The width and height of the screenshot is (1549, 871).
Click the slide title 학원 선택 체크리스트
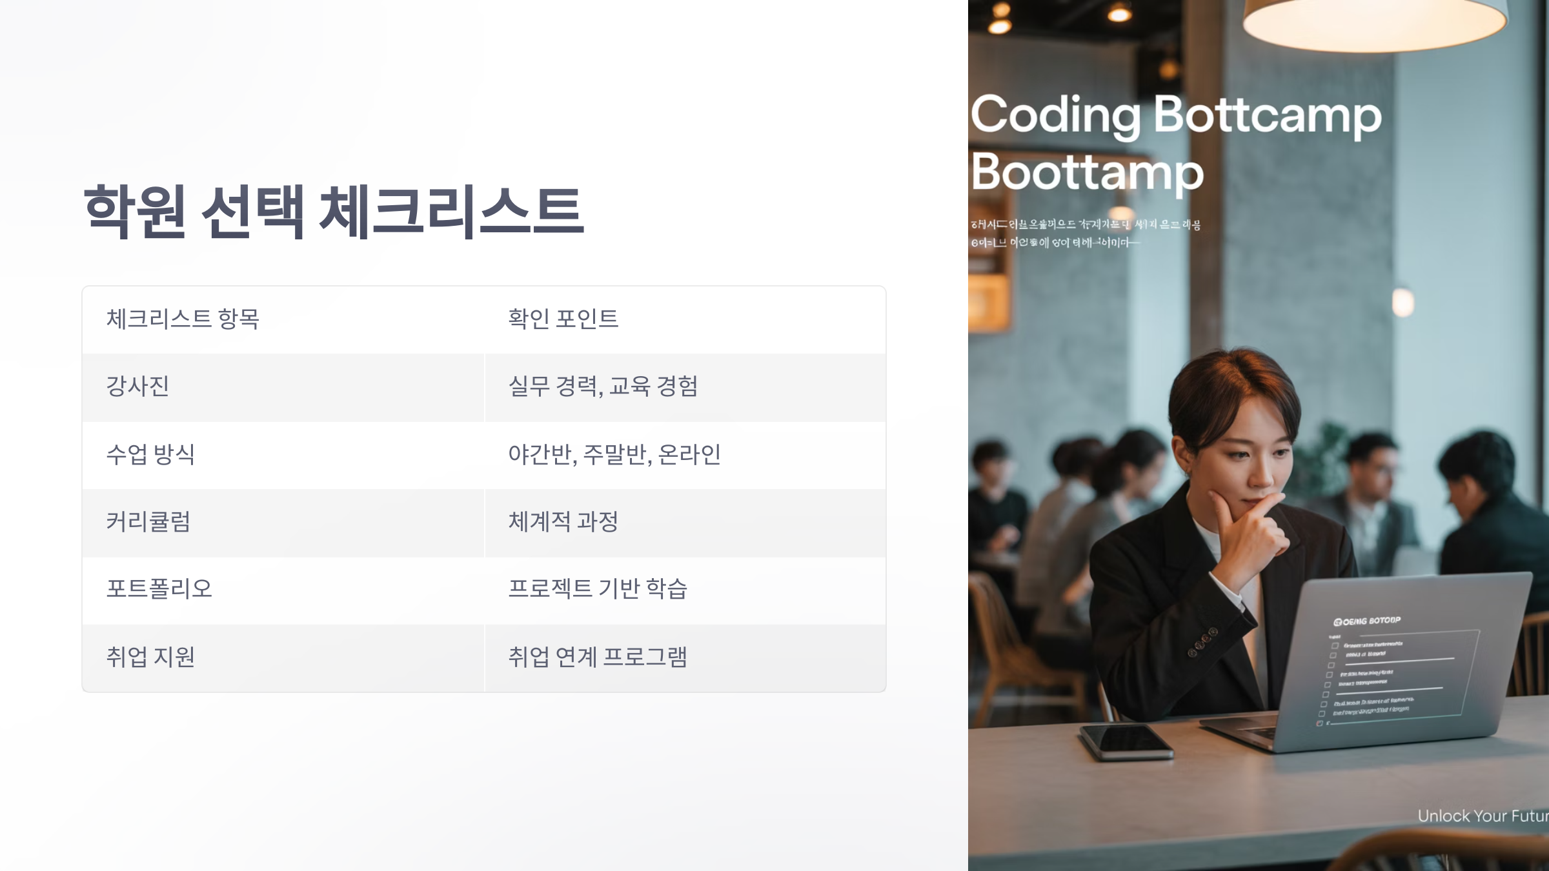334,211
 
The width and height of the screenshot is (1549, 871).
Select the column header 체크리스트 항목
183,319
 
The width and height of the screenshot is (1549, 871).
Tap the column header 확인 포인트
563,319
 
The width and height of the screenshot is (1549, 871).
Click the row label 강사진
137,386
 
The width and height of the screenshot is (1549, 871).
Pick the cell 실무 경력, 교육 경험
603,386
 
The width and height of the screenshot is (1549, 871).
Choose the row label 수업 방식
150,454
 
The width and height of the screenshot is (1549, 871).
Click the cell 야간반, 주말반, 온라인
614,454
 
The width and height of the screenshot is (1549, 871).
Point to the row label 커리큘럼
148,521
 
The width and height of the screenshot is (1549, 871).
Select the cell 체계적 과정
563,521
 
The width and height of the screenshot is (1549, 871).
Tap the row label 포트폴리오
159,588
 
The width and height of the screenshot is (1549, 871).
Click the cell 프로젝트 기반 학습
598,588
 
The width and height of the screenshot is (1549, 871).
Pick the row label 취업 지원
150,657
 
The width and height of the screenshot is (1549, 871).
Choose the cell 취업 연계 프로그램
598,657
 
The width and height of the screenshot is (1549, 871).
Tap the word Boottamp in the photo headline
1088,173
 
